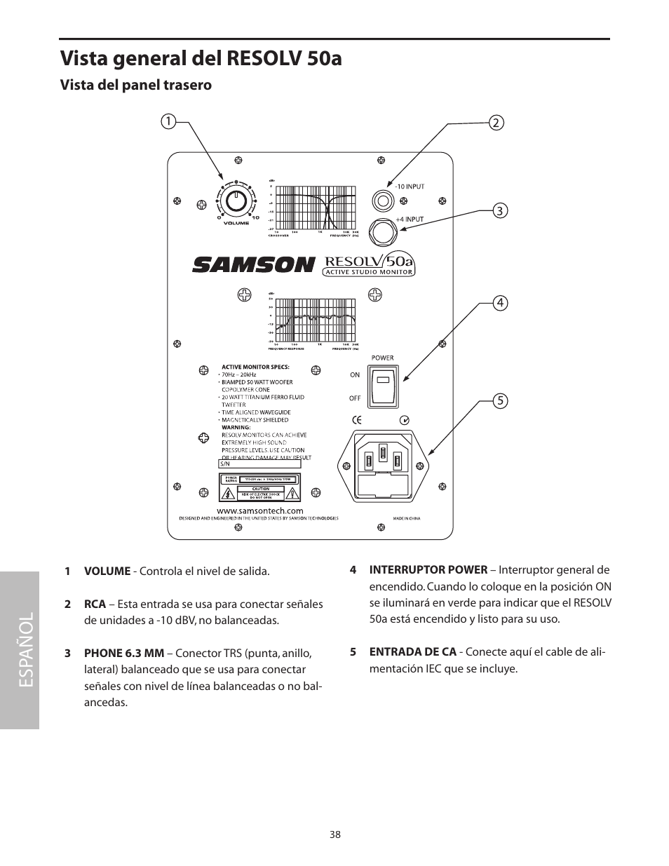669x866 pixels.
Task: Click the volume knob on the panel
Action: (237, 202)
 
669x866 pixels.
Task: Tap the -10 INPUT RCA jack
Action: (382, 201)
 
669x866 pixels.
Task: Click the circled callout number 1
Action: (168, 121)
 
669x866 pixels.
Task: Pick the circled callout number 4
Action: (499, 303)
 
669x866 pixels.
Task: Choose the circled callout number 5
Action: (499, 401)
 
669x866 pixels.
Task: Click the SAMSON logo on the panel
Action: (253, 264)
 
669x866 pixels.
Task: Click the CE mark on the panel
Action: (356, 421)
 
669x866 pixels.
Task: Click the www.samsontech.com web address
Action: (259, 511)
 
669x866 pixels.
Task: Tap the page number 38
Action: (334, 834)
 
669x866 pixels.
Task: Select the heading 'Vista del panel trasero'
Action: (135, 85)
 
